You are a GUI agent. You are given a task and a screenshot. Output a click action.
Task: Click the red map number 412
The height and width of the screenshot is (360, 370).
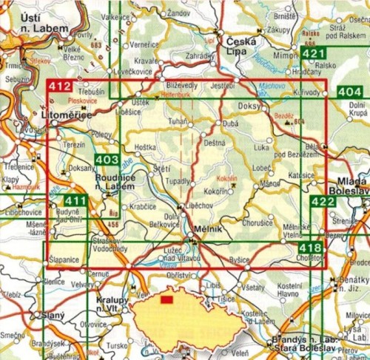60,87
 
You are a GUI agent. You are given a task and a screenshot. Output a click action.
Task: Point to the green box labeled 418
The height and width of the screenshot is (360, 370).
311,248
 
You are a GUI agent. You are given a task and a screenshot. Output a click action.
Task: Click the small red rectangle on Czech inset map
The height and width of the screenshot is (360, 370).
166,300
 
